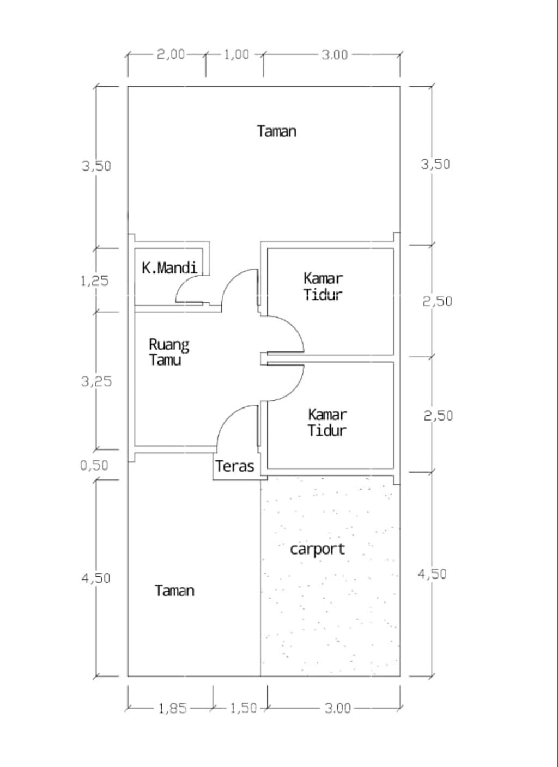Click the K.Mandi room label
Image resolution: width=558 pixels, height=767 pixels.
169,268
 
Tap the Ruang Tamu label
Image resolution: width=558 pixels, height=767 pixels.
169,352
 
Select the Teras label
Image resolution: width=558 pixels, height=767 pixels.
235,466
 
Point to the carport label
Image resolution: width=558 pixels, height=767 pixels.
318,549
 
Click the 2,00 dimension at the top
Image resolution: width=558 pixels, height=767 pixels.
171,54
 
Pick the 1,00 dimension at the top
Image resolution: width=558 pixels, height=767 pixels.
236,54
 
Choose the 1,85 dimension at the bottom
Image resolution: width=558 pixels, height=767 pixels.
172,708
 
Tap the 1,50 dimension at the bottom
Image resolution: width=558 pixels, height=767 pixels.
243,708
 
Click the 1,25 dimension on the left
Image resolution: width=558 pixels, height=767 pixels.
95,281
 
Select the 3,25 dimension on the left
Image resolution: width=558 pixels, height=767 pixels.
96,381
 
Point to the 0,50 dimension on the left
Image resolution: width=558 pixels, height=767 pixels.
94,466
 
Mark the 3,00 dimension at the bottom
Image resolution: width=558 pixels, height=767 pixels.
338,708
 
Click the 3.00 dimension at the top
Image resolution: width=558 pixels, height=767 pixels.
334,54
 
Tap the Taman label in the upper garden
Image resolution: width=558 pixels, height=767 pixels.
277,131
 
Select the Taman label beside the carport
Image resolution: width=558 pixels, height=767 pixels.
174,591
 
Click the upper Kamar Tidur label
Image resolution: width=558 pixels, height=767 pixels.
323,287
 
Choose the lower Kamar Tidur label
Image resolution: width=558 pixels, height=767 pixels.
327,423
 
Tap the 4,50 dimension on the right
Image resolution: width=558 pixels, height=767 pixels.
432,574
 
